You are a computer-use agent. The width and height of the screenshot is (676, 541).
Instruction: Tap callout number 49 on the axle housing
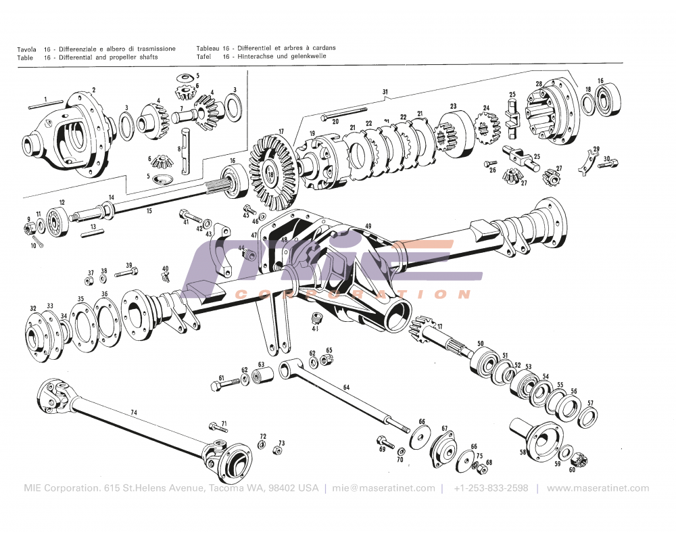click(368, 226)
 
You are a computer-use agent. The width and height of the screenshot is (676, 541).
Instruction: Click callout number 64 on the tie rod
click(346, 387)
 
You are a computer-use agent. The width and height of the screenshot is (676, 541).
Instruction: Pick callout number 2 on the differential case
click(93, 90)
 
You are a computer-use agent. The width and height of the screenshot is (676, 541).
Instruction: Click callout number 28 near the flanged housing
click(539, 85)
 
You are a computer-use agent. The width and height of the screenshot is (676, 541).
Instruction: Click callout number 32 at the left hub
click(32, 308)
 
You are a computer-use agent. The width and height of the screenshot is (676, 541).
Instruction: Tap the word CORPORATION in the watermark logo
click(352, 294)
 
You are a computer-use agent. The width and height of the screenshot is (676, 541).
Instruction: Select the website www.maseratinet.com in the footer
click(598, 488)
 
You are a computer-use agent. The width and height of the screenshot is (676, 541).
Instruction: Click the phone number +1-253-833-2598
click(491, 488)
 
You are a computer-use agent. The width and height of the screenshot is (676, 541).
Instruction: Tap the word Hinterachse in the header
click(255, 57)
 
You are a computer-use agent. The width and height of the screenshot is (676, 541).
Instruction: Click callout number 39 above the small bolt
click(128, 265)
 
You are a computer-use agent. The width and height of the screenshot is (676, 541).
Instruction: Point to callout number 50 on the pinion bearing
click(481, 345)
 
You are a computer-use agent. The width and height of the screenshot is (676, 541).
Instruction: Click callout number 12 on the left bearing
click(62, 202)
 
